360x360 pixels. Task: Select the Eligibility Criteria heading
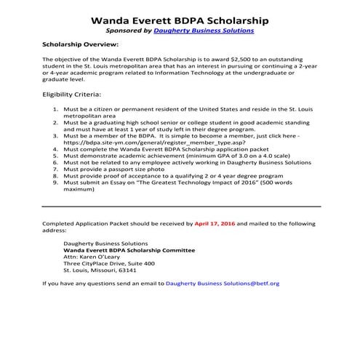pos(73,95)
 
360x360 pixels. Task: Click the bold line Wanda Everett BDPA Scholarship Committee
pos(130,249)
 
